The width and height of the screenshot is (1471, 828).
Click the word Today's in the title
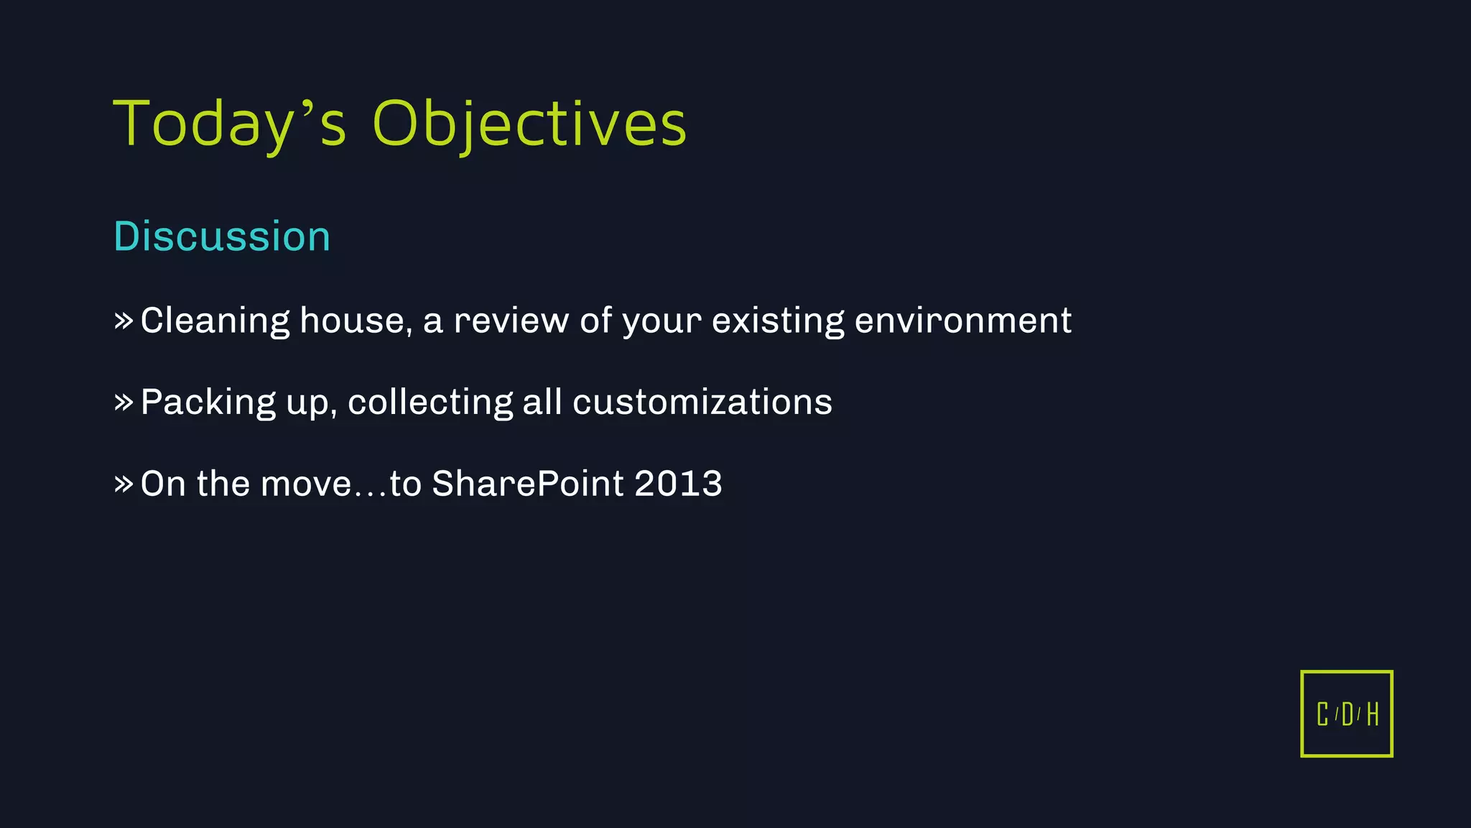(x=230, y=124)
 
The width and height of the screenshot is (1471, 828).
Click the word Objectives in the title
(x=529, y=124)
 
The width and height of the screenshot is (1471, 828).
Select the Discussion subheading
(x=222, y=236)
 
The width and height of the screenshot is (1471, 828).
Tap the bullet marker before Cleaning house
(x=124, y=321)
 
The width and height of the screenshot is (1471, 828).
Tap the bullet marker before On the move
(x=124, y=484)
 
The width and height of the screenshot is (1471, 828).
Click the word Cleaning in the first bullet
(x=215, y=321)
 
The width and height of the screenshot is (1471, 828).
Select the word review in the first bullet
(x=511, y=321)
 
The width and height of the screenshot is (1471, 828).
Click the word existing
(x=778, y=321)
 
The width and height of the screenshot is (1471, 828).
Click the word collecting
(x=430, y=402)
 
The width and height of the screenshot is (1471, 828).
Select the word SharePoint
(x=527, y=484)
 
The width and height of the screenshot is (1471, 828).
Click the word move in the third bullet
(x=306, y=484)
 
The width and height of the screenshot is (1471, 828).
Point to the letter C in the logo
(x=1322, y=714)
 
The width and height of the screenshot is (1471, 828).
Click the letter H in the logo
(x=1373, y=714)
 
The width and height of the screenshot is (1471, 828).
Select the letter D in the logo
(x=1347, y=714)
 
